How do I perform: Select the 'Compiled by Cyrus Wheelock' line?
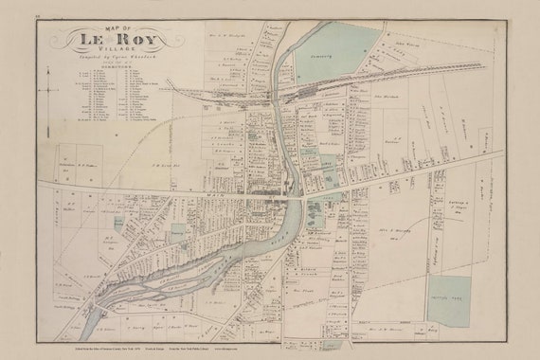[105, 63]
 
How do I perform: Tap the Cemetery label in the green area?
[328, 56]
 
